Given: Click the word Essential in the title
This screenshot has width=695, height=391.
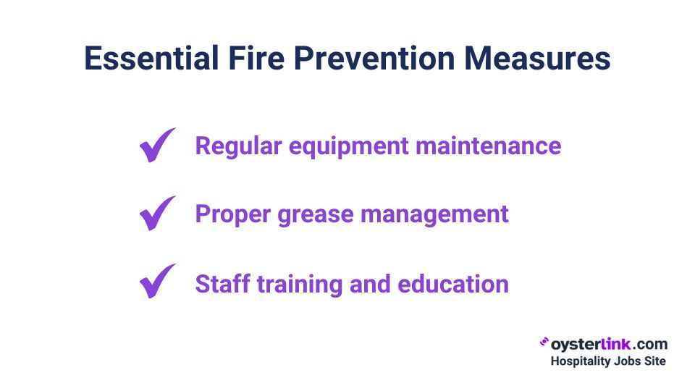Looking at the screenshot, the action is click(151, 58).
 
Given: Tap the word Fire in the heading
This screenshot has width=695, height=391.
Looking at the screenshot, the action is click(256, 58).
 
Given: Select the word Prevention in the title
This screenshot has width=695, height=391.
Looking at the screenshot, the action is click(374, 58).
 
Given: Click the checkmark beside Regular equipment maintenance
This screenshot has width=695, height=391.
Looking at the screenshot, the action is click(156, 146).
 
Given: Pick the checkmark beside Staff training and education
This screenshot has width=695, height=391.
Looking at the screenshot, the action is click(156, 282).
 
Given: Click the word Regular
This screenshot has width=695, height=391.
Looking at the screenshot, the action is click(238, 147).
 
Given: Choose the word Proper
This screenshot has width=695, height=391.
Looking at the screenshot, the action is click(232, 215).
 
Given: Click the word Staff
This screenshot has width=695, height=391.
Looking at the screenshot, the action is click(222, 284).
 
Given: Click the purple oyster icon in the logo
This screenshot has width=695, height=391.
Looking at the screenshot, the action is click(544, 342).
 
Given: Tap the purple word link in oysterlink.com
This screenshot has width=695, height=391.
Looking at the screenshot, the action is click(615, 344).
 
